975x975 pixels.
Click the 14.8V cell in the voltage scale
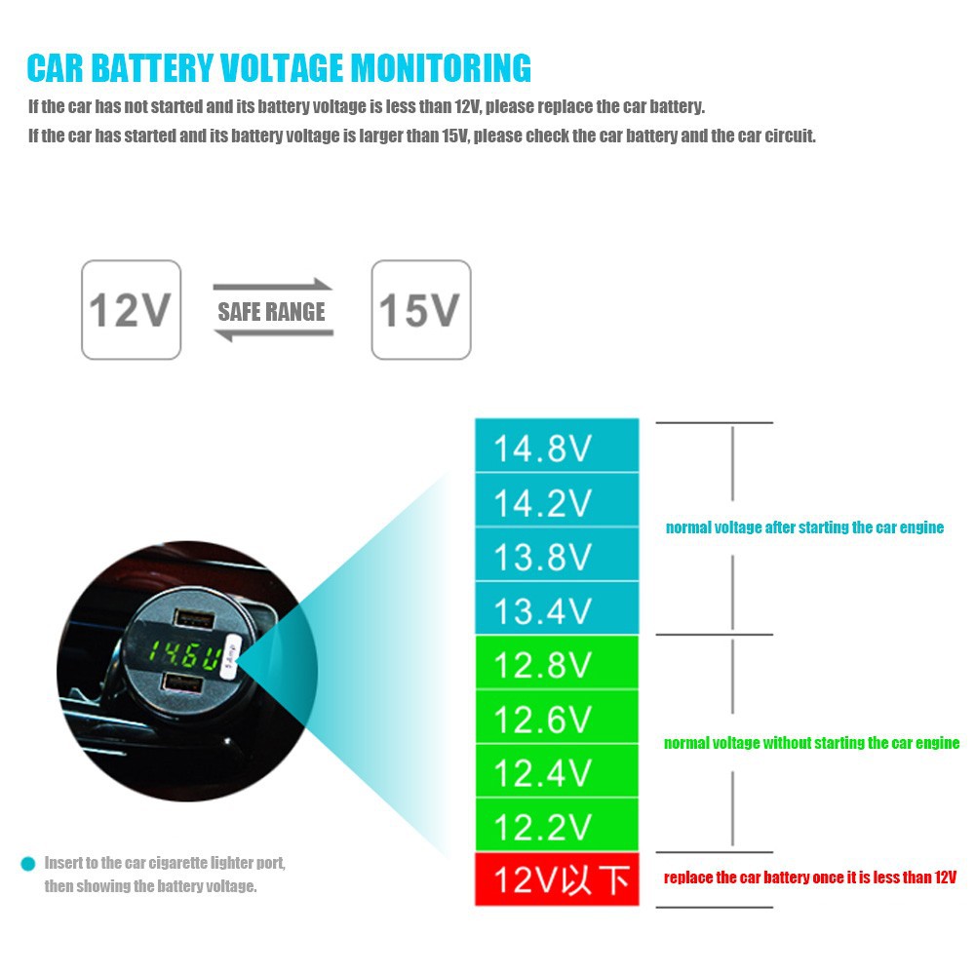coord(556,448)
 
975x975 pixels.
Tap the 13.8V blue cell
coord(556,556)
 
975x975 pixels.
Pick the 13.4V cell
coord(556,609)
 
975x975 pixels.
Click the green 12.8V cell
coord(556,664)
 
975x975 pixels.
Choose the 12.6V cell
coord(556,719)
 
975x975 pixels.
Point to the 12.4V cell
coord(556,772)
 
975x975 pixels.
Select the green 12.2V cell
coord(556,826)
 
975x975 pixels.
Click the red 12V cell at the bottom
coord(556,879)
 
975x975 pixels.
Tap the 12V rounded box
coord(131,310)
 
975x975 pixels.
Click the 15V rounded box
coord(421,310)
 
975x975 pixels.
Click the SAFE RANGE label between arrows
coord(271,312)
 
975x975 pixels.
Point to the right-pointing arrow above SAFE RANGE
coord(273,286)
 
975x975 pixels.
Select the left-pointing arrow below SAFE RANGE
coord(273,335)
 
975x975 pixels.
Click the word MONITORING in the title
coord(441,69)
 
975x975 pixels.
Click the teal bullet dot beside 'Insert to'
coord(27,864)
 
